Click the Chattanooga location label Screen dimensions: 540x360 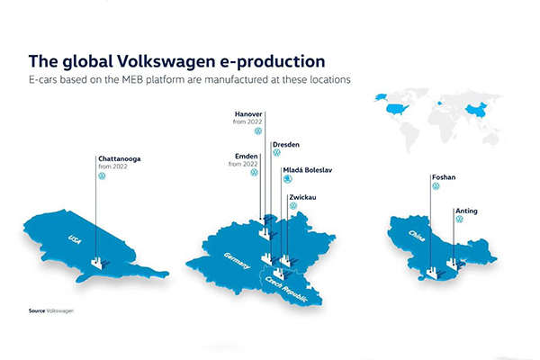pos(119,158)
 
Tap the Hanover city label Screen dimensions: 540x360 pos(248,113)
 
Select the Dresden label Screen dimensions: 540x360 pos(286,145)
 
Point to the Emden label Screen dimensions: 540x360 pos(246,157)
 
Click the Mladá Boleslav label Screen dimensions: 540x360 pos(307,170)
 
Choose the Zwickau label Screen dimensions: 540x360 pos(302,197)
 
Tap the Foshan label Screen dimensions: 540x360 pos(444,177)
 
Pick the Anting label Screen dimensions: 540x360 pos(466,211)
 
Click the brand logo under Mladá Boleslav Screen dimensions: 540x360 pos(287,179)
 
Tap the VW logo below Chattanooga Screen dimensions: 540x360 pos(102,176)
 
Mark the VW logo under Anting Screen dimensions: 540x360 pos(459,219)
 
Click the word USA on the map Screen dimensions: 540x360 pos(75,239)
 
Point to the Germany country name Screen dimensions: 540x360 pos(236,261)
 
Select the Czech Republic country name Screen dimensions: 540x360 pos(285,289)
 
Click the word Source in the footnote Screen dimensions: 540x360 pos(37,310)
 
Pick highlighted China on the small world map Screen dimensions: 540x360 pos(477,110)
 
